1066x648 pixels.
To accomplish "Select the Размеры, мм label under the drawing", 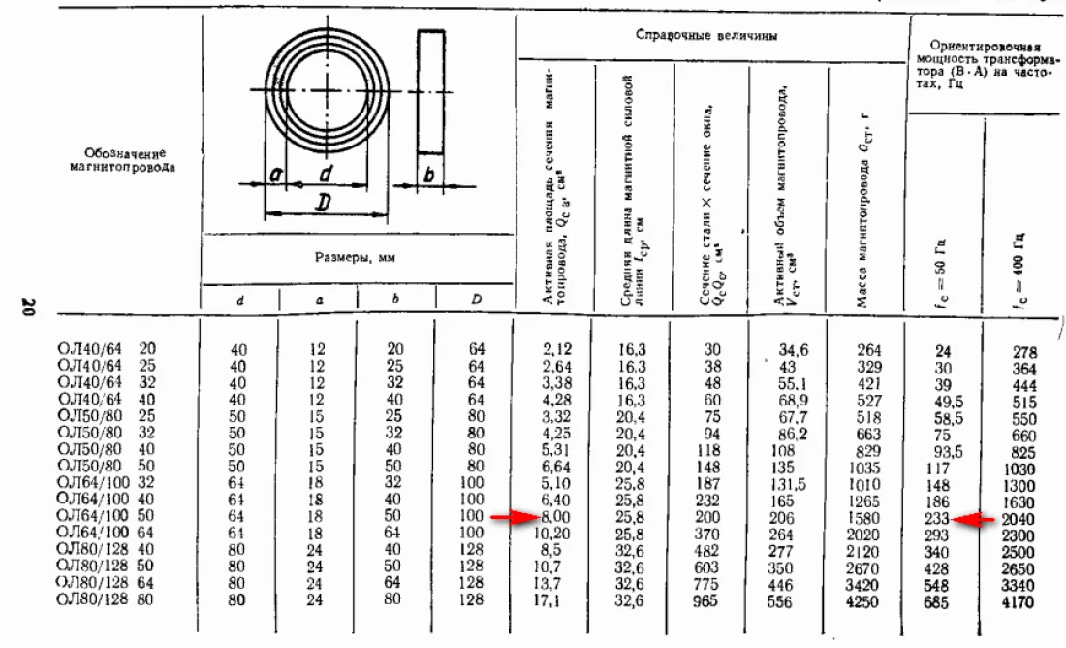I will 356,259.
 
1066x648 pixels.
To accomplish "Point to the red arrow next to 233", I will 975,520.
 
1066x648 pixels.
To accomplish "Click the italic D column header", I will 476,300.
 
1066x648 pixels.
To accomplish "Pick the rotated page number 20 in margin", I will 28,308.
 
